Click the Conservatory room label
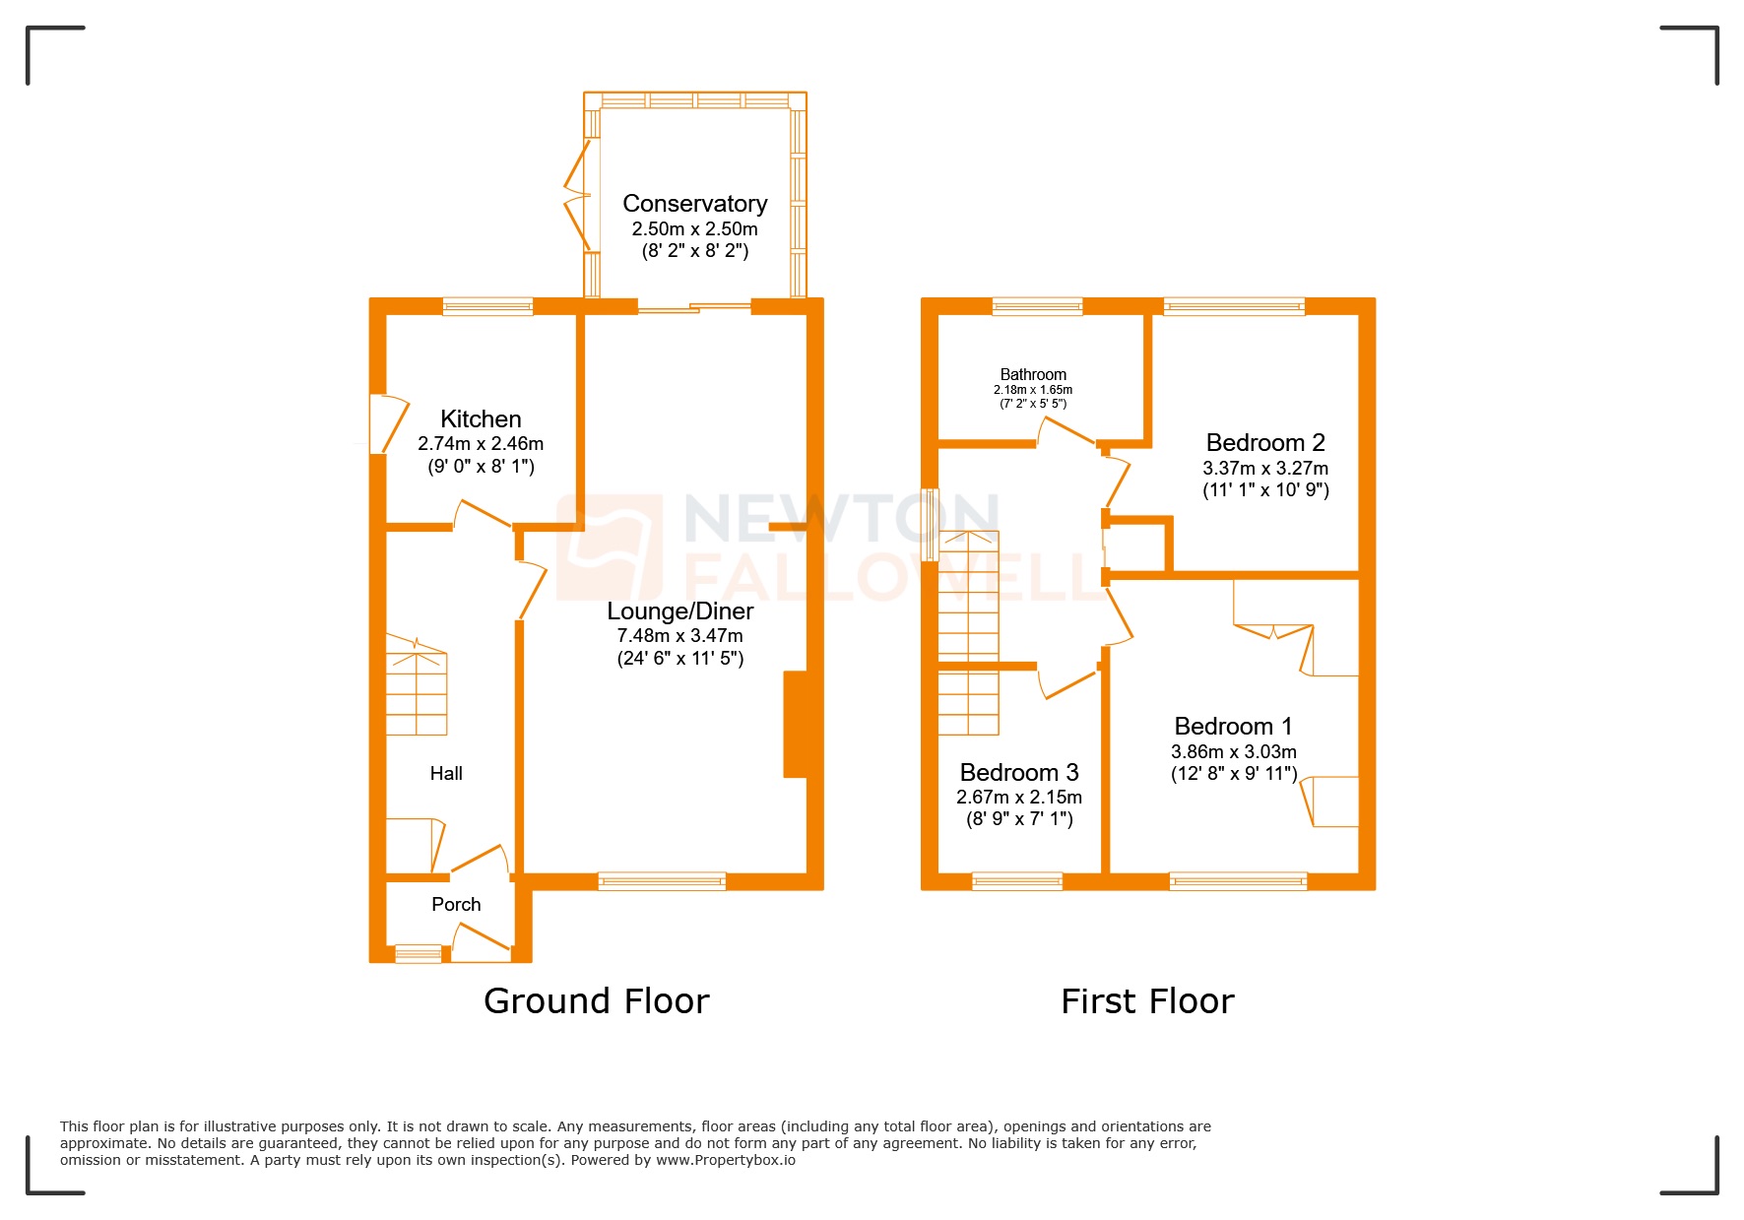pyautogui.click(x=694, y=204)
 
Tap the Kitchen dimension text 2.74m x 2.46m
pyautogui.click(x=481, y=444)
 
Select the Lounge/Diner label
pyautogui.click(x=679, y=611)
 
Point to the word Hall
pyautogui.click(x=446, y=774)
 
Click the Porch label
pyautogui.click(x=456, y=904)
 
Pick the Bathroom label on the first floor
pyautogui.click(x=1033, y=374)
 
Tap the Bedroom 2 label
pyautogui.click(x=1265, y=443)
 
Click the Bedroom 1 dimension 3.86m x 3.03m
pyautogui.click(x=1233, y=751)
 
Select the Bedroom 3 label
pyautogui.click(x=1019, y=772)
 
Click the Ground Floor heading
pyautogui.click(x=596, y=1001)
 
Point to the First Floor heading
pyautogui.click(x=1147, y=1001)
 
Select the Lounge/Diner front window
pyautogui.click(x=662, y=881)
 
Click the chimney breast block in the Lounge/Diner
pyautogui.click(x=796, y=724)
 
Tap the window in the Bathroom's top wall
pyautogui.click(x=1037, y=306)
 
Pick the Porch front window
pyautogui.click(x=419, y=953)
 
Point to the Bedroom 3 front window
pyautogui.click(x=1017, y=881)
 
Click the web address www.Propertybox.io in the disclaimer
pyautogui.click(x=726, y=1160)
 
